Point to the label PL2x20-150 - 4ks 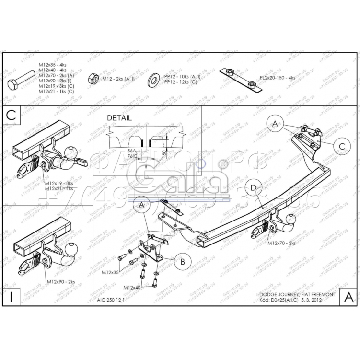278,77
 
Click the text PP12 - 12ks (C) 180,82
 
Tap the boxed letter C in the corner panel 12,116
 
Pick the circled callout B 182,261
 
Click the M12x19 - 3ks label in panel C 59,184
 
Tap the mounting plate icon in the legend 239,78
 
